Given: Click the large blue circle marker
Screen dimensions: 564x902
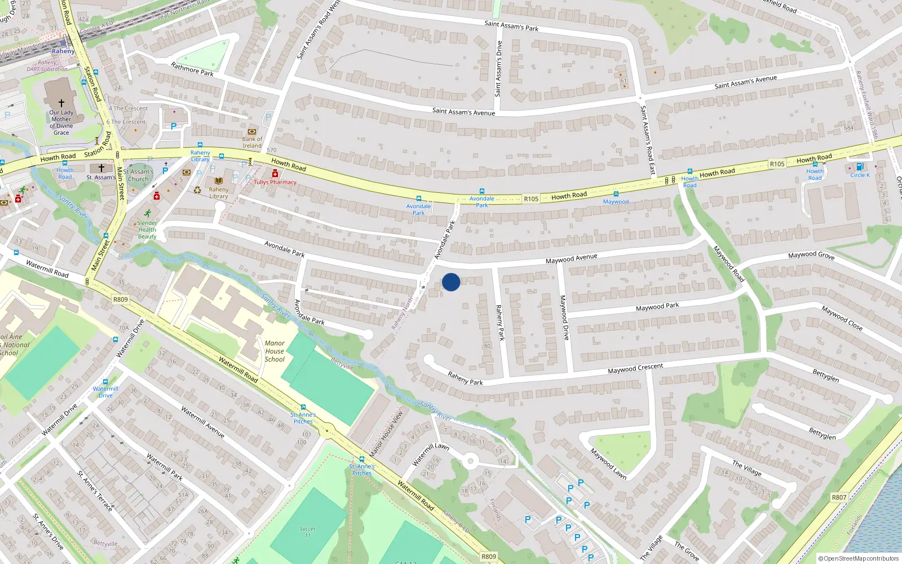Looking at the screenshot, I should pyautogui.click(x=451, y=282).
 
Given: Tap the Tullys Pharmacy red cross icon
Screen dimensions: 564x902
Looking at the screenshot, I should pyautogui.click(x=275, y=174).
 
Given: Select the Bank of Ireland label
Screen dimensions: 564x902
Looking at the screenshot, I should pyautogui.click(x=252, y=142).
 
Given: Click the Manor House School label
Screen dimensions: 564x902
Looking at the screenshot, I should pyautogui.click(x=275, y=351).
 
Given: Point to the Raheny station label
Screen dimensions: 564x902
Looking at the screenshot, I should pyautogui.click(x=63, y=51).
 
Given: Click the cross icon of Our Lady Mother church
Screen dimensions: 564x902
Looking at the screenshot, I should pyautogui.click(x=61, y=103).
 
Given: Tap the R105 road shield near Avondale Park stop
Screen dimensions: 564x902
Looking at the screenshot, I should pyautogui.click(x=530, y=199).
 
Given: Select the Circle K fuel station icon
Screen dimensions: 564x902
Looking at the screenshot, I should pyautogui.click(x=860, y=167).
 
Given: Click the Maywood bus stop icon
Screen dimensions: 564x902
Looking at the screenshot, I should pyautogui.click(x=616, y=195).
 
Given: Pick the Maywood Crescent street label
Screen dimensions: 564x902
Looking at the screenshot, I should pyautogui.click(x=635, y=369).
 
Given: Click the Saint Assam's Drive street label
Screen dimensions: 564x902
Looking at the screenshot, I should pyautogui.click(x=498, y=68).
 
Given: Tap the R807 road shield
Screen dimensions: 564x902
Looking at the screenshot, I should pyautogui.click(x=839, y=497).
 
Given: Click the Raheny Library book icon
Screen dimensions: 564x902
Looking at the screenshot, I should pyautogui.click(x=219, y=181).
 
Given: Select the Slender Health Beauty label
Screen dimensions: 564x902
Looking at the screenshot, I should pyautogui.click(x=147, y=230).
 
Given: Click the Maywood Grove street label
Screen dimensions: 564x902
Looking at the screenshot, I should pyautogui.click(x=811, y=255).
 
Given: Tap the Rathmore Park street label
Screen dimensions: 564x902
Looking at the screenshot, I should pyautogui.click(x=192, y=69).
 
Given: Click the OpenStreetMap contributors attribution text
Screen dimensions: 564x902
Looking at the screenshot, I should pyautogui.click(x=859, y=558).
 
